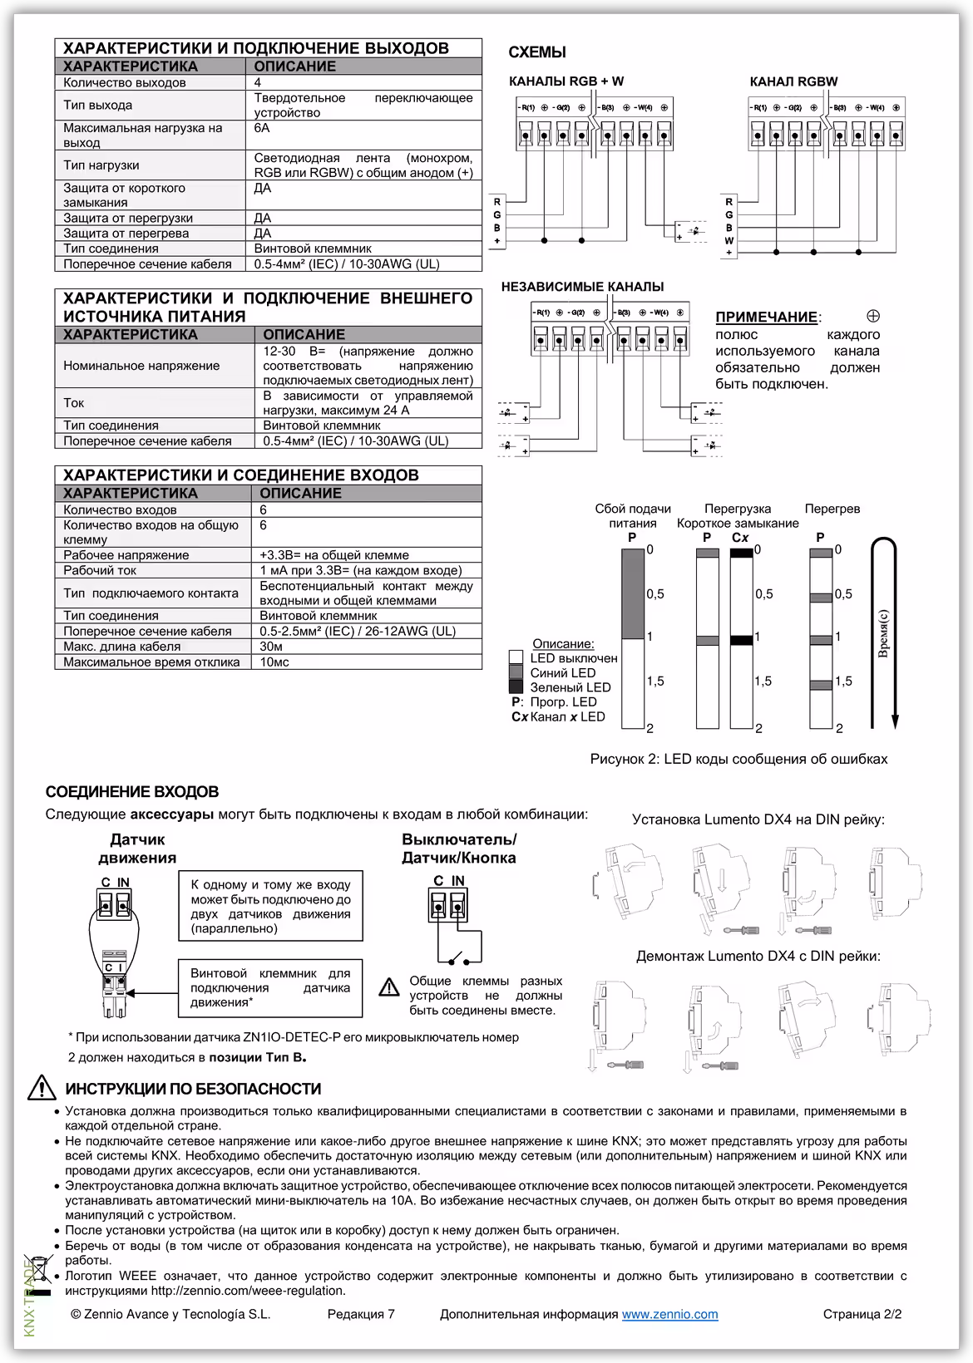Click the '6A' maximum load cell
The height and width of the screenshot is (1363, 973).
262,129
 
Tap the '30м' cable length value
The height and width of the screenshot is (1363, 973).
271,647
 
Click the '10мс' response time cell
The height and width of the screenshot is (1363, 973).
274,662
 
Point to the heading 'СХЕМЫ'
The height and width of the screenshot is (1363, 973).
537,52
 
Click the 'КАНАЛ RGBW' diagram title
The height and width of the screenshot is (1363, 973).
793,81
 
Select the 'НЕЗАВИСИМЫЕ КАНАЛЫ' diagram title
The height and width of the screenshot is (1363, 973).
582,287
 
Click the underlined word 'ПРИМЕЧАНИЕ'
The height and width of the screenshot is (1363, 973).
766,317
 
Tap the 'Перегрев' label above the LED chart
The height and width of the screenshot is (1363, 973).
832,509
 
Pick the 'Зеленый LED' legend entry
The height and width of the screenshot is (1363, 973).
570,687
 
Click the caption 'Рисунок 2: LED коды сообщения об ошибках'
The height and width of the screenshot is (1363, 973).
738,759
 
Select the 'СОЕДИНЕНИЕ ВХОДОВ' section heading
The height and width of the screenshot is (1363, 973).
132,792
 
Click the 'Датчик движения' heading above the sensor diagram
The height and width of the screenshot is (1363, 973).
137,849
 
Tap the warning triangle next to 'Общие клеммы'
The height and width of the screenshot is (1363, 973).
388,987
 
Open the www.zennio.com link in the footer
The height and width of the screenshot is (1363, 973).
669,1314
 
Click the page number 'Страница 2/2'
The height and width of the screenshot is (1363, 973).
862,1314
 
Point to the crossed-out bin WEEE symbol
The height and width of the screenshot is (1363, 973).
39,1272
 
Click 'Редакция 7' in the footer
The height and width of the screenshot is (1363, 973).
361,1314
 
